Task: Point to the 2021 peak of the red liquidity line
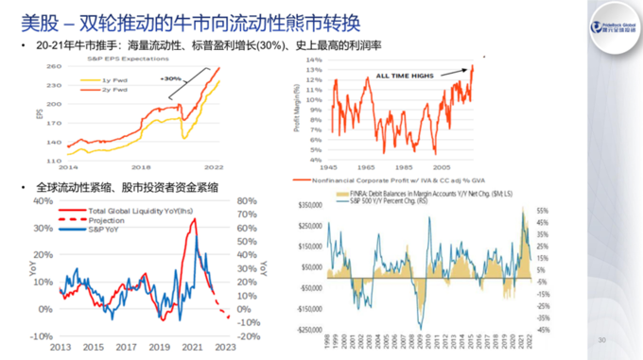[193, 220]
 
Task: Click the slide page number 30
[601, 339]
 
